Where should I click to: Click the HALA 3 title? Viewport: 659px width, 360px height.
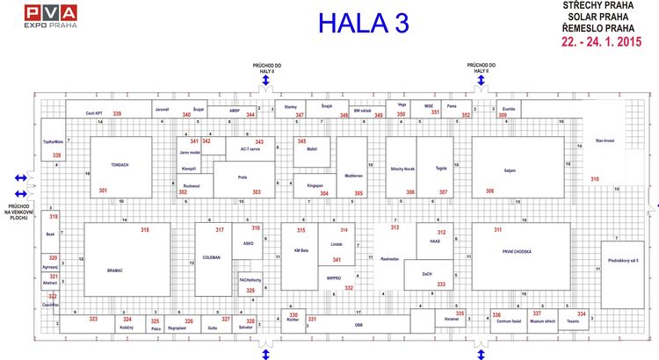363,25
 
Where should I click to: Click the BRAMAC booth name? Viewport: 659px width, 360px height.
114,270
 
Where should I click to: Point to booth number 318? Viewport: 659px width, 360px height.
145,229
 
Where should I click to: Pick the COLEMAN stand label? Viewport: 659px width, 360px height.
211,257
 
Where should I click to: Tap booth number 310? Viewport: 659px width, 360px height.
595,179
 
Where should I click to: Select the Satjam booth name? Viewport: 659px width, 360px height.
511,168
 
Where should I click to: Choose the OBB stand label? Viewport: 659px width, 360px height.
358,325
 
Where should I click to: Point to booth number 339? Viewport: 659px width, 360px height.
117,114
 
